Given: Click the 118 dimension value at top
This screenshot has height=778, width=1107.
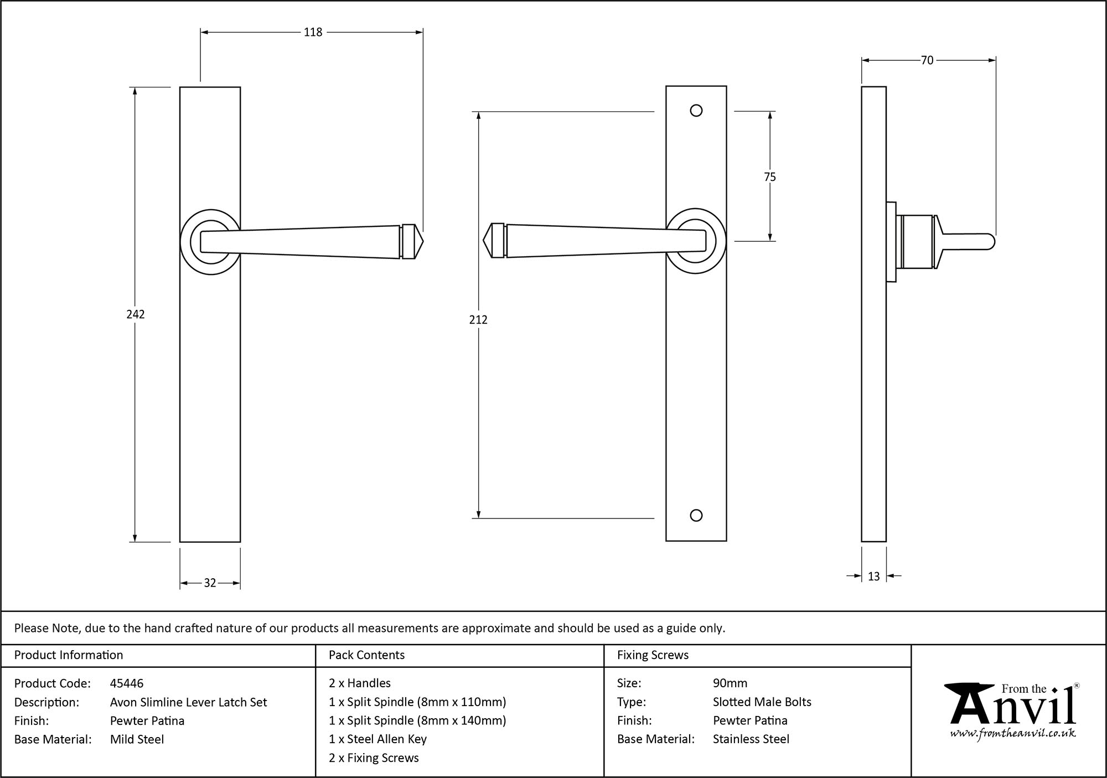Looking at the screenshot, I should [x=313, y=33].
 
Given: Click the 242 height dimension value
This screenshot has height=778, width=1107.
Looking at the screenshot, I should [x=136, y=314].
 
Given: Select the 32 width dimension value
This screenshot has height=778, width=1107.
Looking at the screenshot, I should [x=210, y=583].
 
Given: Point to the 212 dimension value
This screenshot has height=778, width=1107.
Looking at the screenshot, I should [x=478, y=319].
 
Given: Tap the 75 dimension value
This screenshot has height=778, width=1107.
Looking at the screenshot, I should [x=770, y=177].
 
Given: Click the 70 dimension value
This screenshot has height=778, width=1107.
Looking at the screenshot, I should [x=927, y=60].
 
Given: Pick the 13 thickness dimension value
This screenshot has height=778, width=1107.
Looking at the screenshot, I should [x=873, y=577].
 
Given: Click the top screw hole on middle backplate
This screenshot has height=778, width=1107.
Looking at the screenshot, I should [x=696, y=111].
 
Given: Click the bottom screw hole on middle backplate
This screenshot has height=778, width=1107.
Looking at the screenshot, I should [x=696, y=516].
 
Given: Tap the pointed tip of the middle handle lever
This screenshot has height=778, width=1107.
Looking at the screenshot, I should [x=485, y=241].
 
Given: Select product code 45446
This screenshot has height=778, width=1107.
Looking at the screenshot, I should [x=127, y=683].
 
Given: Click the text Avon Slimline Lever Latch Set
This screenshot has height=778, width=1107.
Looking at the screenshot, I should [x=188, y=702].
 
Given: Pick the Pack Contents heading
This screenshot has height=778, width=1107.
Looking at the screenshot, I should [x=366, y=655].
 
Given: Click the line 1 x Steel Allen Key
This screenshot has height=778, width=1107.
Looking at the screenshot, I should [x=377, y=739].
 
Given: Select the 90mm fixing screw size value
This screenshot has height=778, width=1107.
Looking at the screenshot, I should [x=730, y=683].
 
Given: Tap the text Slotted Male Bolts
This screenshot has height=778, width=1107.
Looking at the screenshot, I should [x=762, y=702].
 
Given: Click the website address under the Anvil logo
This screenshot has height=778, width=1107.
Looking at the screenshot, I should [x=1013, y=734].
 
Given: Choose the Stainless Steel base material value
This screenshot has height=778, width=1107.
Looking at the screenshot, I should [x=751, y=739].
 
